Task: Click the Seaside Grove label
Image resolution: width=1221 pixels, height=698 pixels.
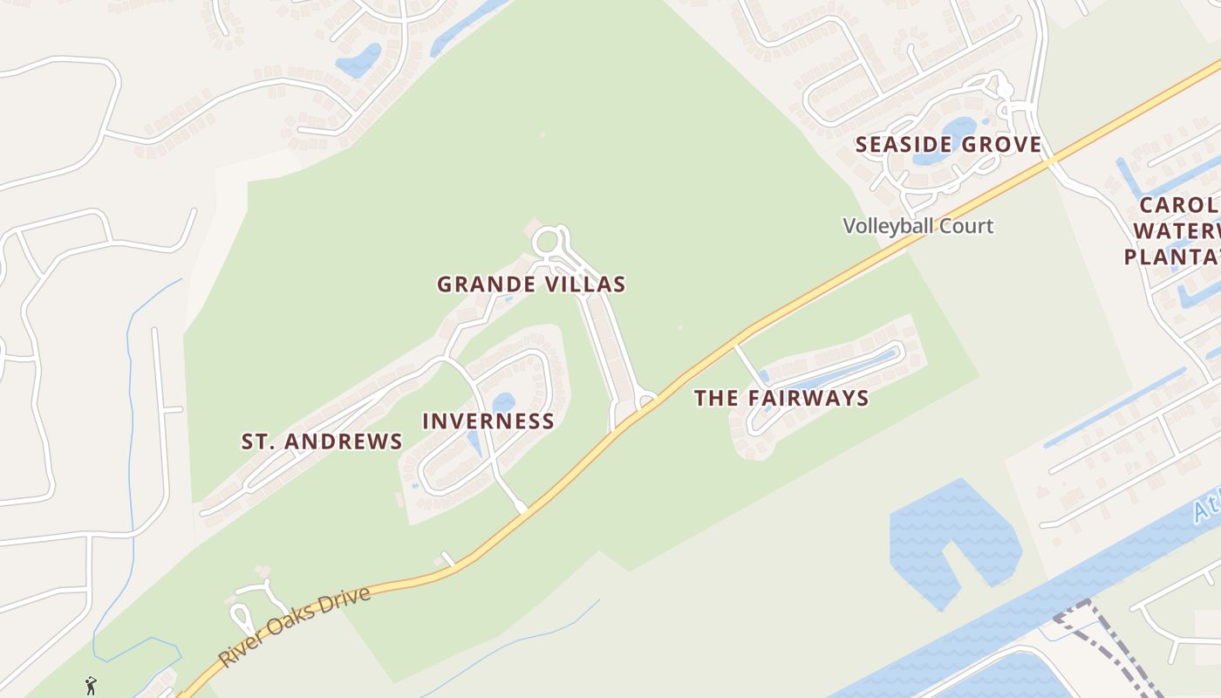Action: pos(948,144)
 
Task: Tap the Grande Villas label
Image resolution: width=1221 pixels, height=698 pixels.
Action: pos(531,284)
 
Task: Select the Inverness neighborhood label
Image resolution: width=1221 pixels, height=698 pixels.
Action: pos(488,421)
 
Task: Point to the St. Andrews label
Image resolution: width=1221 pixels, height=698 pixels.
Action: pos(322,441)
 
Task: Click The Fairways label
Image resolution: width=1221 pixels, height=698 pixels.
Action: pos(781,399)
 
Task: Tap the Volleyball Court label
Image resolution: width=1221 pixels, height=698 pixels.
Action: pos(917,226)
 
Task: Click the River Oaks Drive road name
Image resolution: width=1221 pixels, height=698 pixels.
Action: pos(295,626)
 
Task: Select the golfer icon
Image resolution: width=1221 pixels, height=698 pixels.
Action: pos(91,686)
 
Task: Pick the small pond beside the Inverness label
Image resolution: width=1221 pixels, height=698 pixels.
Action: pos(503,403)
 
